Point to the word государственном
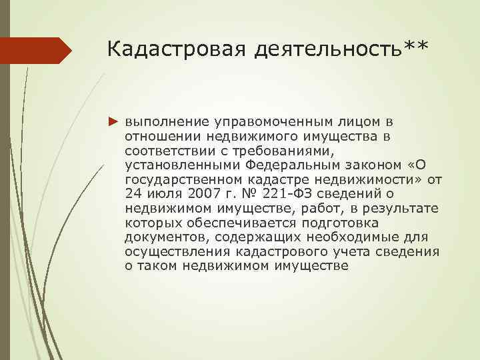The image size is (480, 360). pos(179,179)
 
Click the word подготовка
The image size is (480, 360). pos(363,223)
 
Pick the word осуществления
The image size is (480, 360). pos(177,251)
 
